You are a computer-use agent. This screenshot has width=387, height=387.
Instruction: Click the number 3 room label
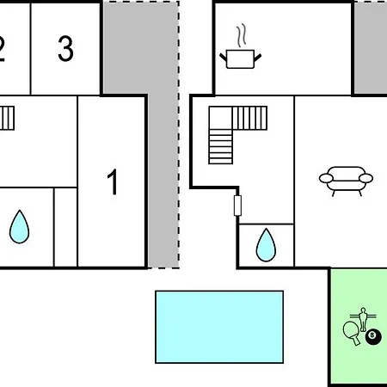[65, 48]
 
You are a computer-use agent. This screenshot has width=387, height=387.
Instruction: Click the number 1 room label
[113, 181]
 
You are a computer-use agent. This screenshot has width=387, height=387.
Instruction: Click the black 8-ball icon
[373, 336]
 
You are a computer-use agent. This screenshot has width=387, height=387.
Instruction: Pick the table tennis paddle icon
[352, 333]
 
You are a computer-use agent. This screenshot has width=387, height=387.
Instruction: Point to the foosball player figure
[363, 319]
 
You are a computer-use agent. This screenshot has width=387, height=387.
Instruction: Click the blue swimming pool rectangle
[219, 327]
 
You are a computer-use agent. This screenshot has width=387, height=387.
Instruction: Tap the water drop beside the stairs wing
[266, 245]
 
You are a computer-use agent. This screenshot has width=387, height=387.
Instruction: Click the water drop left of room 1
[19, 227]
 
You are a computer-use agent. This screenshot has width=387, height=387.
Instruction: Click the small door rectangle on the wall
[237, 206]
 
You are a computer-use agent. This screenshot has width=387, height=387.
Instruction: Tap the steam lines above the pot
[242, 35]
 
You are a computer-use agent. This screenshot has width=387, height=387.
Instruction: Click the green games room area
[359, 327]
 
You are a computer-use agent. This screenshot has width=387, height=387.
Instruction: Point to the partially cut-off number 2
[2, 49]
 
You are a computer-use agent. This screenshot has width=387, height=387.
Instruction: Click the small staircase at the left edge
[7, 118]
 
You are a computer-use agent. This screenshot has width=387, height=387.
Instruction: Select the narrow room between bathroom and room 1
[65, 227]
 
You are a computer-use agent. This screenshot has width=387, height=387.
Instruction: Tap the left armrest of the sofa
[326, 178]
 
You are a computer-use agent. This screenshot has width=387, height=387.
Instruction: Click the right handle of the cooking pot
[257, 58]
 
